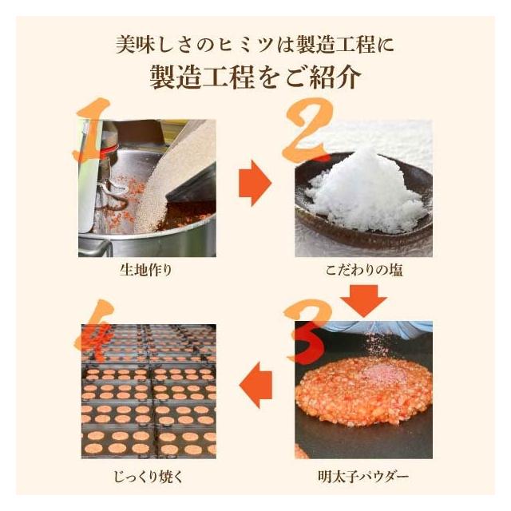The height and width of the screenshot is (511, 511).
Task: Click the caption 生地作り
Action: pos(145,270)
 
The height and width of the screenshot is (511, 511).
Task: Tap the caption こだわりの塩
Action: pos(364,270)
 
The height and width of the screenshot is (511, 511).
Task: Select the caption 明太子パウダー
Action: pos(363,477)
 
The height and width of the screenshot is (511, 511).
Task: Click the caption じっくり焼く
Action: pos(149,477)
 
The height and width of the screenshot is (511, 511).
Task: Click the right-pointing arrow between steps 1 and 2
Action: pos(255,183)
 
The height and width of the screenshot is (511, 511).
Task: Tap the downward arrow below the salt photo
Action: pos(364,300)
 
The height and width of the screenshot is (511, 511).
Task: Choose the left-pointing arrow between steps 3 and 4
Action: pos(255,385)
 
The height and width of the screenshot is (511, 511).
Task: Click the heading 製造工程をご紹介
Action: pos(255,77)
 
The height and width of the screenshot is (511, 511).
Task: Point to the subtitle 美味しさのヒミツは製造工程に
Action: pos(255,45)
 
